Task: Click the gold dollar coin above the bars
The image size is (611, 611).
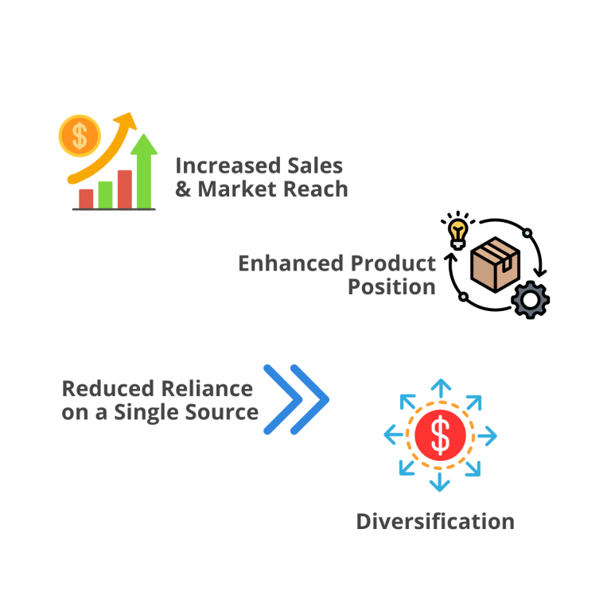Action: [80, 135]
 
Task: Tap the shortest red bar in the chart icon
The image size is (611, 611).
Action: [86, 197]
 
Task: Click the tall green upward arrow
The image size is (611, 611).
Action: [144, 170]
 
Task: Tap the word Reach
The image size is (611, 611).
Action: [318, 189]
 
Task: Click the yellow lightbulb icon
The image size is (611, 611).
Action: [457, 232]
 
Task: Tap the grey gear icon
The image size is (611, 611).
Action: [530, 300]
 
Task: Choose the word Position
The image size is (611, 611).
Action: [391, 286]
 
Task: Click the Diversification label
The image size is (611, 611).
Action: [435, 521]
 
